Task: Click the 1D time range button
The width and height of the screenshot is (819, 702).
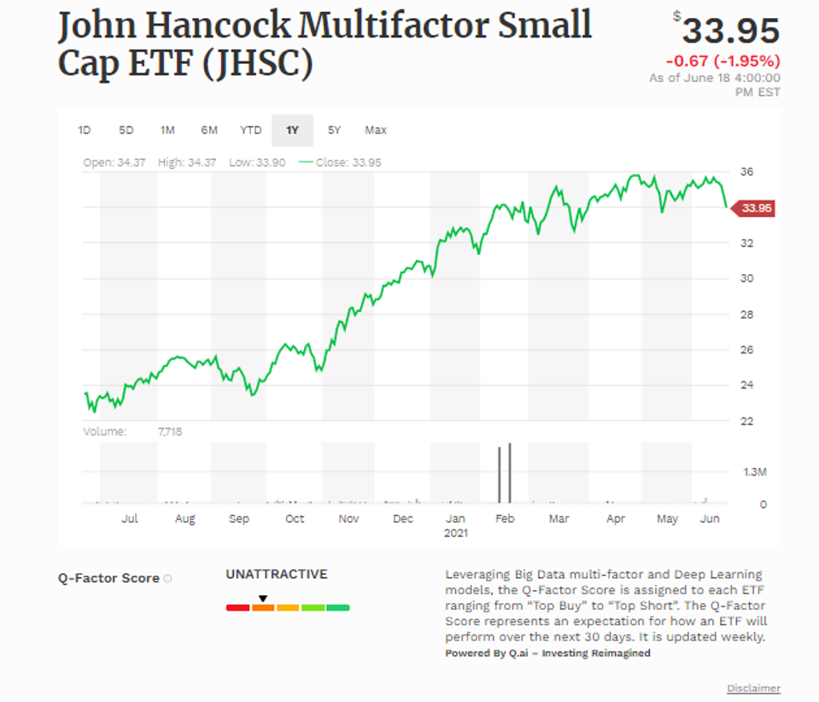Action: click(84, 131)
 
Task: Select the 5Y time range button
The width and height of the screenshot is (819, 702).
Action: click(334, 131)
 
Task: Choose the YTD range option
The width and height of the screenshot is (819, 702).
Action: click(250, 131)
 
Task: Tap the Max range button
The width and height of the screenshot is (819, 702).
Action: click(376, 131)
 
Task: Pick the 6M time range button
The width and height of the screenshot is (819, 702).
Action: click(209, 131)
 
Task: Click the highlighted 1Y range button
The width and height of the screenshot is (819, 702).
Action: click(292, 131)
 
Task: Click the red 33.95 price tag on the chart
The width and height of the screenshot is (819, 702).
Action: click(756, 208)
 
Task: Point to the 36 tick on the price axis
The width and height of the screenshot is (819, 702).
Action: click(747, 172)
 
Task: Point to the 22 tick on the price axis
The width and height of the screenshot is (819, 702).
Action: click(747, 421)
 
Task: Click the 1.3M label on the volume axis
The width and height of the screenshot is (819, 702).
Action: click(754, 471)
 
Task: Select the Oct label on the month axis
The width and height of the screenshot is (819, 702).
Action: click(295, 518)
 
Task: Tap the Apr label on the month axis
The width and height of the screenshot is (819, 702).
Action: click(615, 518)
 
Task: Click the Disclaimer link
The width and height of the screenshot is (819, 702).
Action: click(753, 688)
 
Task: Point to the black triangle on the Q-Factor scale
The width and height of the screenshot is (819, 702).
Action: click(263, 598)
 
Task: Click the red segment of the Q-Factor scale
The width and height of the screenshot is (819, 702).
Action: click(237, 608)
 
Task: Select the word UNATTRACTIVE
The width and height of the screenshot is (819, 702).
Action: click(276, 575)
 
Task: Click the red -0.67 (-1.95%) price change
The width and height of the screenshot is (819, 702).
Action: click(722, 61)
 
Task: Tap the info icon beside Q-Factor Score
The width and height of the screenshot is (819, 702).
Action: click(167, 579)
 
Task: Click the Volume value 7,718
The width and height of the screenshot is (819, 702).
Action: click(170, 432)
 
